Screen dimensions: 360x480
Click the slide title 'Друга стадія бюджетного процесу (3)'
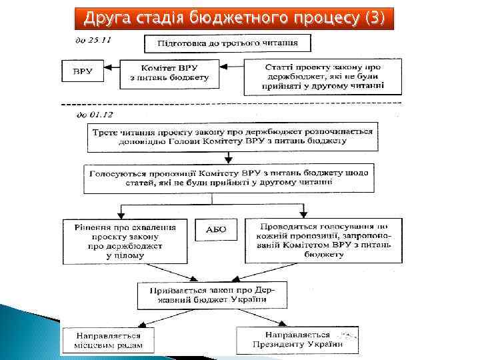pos(234,17)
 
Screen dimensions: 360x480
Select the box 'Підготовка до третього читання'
pos(228,45)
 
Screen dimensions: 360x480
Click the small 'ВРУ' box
pos(83,71)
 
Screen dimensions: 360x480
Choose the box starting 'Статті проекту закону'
pos(323,77)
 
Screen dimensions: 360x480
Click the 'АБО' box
pos(216,230)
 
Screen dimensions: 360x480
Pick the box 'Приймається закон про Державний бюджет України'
pos(211,294)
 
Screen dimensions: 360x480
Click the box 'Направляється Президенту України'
pos(297,339)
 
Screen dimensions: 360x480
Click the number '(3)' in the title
pos(373,17)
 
